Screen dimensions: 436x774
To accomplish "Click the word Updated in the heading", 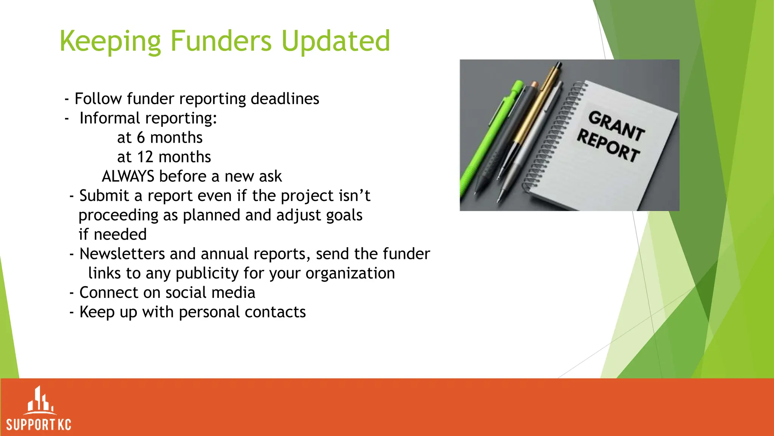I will click(336, 42).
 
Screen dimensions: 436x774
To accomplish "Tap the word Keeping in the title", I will click(110, 42).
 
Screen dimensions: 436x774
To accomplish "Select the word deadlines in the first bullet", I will click(285, 99).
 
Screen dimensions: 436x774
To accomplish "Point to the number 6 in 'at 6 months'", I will click(141, 138).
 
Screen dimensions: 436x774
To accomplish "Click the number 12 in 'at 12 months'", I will click(145, 157).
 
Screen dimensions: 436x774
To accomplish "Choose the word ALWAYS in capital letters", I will click(128, 176).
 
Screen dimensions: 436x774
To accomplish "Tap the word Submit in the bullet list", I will click(104, 196).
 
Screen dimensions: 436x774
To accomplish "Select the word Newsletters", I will click(122, 254).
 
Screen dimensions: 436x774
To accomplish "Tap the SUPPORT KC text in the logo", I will click(39, 425).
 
